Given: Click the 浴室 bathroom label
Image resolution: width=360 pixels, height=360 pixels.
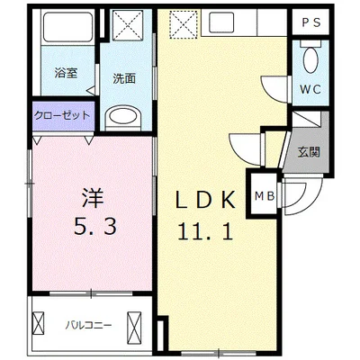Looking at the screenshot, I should coord(64,71).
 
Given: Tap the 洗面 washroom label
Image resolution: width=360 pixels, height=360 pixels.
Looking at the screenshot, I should coord(124,77).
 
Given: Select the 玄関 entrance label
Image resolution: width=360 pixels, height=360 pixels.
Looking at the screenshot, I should coord(308,151).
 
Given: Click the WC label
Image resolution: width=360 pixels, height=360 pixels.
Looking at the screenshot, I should coord(309,90).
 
